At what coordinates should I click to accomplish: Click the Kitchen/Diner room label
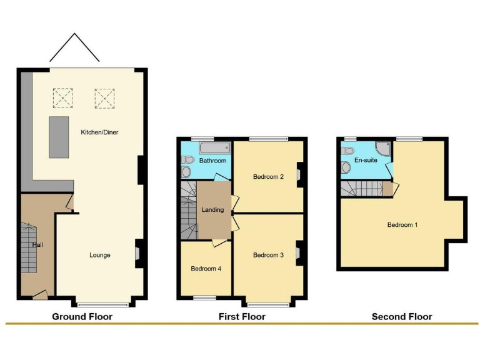(x=99, y=132)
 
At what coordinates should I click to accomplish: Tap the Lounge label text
(x=100, y=255)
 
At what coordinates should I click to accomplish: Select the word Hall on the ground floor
(x=37, y=245)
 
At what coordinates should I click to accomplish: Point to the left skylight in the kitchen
(x=62, y=98)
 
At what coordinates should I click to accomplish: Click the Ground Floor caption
(x=82, y=317)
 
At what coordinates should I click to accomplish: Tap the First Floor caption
(x=242, y=317)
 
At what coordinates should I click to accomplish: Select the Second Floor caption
(x=402, y=317)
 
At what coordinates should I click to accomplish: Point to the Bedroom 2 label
(x=269, y=177)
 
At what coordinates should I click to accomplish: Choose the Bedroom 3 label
(x=269, y=255)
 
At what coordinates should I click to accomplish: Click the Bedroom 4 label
(x=206, y=269)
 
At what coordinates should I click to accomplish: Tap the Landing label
(x=212, y=210)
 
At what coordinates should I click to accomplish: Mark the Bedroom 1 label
(x=402, y=225)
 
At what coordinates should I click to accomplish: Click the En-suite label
(x=366, y=160)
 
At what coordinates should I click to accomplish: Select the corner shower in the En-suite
(x=382, y=149)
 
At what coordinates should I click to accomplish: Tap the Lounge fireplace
(x=138, y=253)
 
